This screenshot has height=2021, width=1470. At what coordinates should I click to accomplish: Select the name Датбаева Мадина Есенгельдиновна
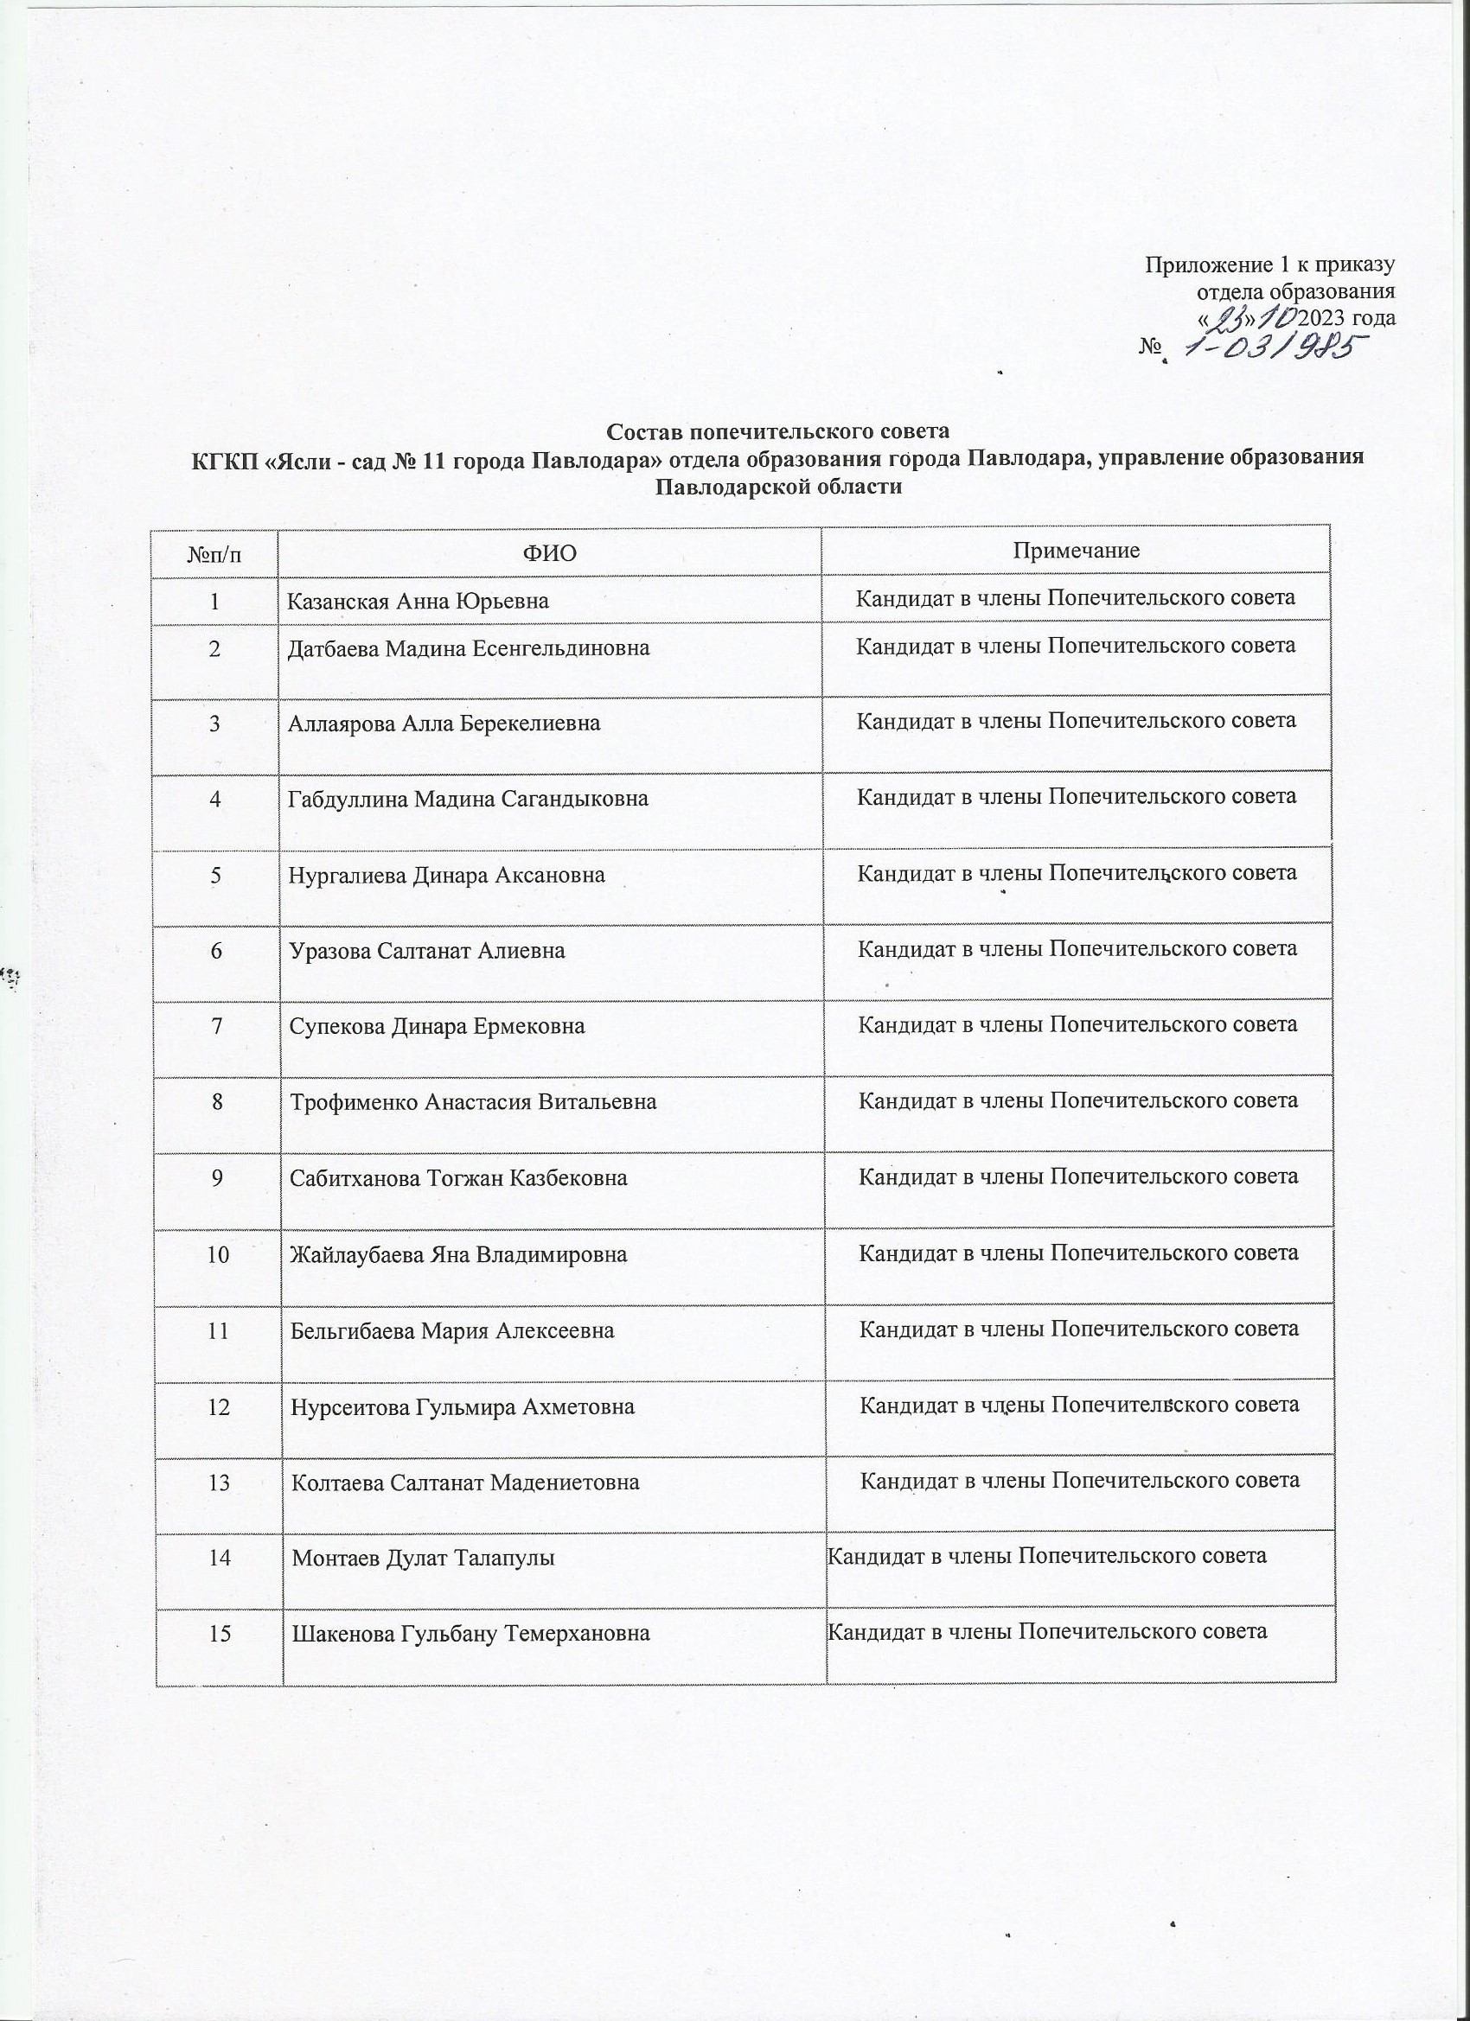tap(468, 647)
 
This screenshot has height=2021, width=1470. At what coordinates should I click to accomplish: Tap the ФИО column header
tap(549, 553)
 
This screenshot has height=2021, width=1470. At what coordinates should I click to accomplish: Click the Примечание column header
tap(1076, 550)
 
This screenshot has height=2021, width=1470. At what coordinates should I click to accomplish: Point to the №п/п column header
tap(214, 554)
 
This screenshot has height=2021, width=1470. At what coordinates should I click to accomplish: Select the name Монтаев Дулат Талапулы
tap(424, 1558)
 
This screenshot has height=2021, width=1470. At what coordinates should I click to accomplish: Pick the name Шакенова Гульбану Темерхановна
tap(470, 1634)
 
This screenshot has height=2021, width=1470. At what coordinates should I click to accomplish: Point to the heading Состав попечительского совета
tap(778, 432)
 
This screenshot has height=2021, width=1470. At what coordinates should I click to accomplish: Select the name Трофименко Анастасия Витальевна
tap(473, 1102)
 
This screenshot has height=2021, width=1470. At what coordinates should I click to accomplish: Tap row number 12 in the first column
tap(218, 1406)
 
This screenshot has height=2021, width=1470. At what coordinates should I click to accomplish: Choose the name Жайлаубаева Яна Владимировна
tap(458, 1254)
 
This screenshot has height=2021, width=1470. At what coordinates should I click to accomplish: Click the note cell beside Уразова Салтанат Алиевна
tap(1077, 949)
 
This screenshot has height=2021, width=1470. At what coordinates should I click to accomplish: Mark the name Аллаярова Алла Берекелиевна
tap(443, 723)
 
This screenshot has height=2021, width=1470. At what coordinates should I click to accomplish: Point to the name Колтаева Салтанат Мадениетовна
tap(466, 1482)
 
